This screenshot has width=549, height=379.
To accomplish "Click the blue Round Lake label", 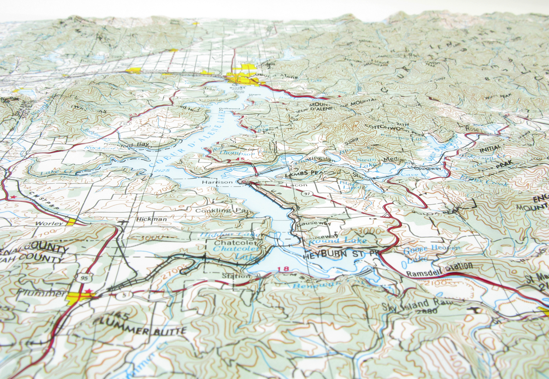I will click(x=331, y=240).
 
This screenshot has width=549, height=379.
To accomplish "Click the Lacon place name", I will click(x=293, y=185).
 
